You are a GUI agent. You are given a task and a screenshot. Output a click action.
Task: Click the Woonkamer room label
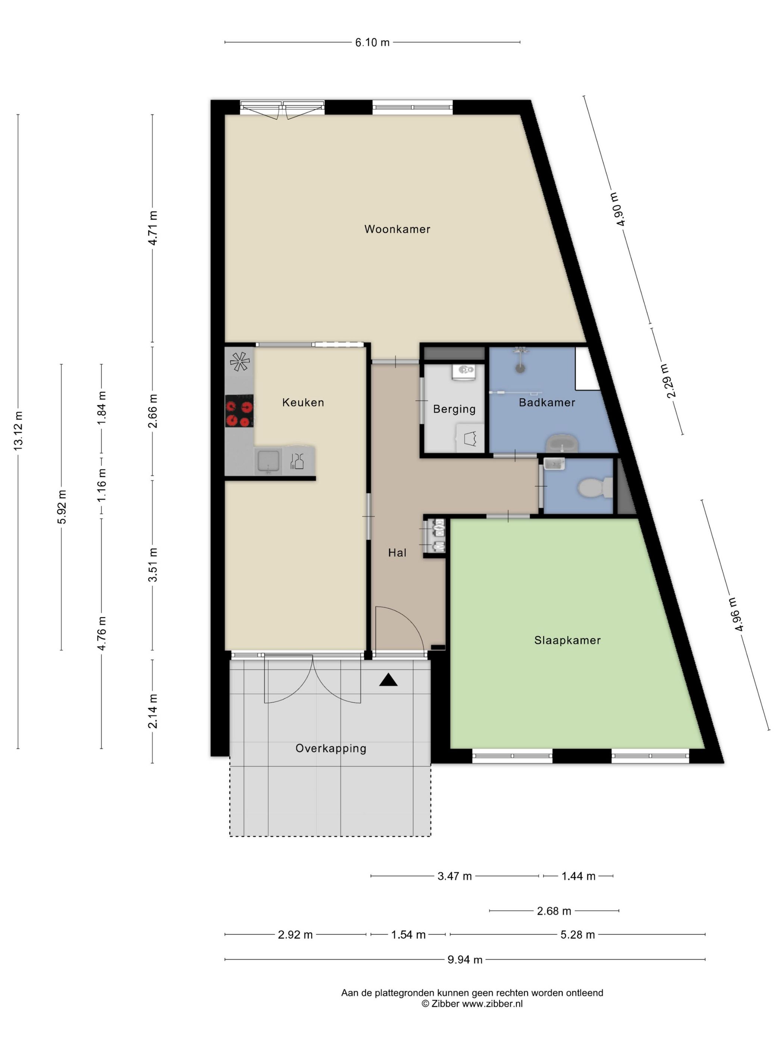397,229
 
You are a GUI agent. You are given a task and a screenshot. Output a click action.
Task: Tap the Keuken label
303,402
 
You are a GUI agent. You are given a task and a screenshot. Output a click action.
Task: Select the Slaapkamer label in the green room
567,640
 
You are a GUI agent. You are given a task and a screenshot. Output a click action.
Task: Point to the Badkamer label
547,402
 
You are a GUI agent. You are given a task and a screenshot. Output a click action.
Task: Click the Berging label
454,409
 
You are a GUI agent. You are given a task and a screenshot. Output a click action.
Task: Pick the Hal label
397,552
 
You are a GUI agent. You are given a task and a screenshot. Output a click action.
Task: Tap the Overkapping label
331,748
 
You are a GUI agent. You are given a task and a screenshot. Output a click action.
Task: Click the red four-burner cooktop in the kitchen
239,411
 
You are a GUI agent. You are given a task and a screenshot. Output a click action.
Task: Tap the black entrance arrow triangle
388,680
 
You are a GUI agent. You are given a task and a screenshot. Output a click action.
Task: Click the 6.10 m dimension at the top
372,43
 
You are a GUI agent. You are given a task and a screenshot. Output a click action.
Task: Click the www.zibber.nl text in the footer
492,1004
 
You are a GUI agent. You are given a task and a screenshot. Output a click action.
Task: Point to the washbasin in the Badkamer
562,443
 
